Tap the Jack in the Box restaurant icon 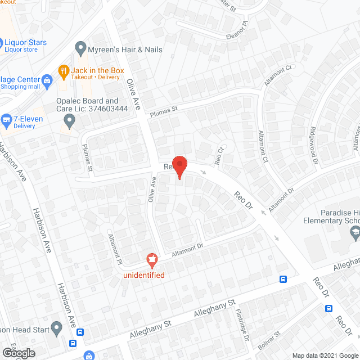coord(63,71)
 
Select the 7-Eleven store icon coord(7,119)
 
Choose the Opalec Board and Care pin coord(69,119)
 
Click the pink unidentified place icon coord(151,260)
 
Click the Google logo coord(18,353)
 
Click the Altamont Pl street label coord(115,243)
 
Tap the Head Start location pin coord(56,327)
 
